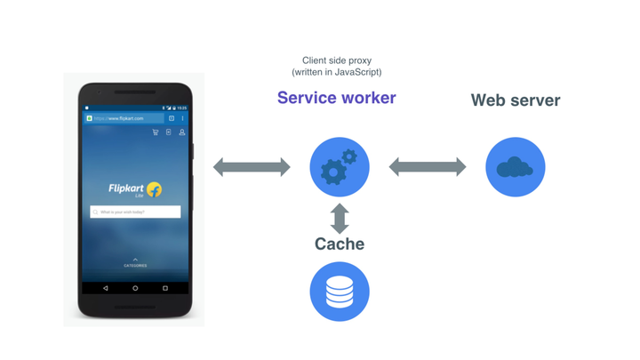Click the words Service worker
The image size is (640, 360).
[336, 98]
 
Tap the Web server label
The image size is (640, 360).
[515, 100]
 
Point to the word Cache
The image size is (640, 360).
[339, 244]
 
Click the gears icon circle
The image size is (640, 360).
[339, 167]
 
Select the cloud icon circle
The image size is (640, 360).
[515, 167]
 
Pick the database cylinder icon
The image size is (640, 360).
[339, 292]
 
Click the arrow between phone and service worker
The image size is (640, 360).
[252, 167]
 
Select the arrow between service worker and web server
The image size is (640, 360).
[427, 167]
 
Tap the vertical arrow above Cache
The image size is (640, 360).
[339, 218]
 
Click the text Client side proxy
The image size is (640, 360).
[336, 60]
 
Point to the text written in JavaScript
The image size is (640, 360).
[336, 72]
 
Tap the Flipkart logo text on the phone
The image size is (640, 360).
[126, 188]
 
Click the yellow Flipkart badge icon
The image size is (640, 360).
[154, 189]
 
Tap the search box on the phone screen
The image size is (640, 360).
[135, 212]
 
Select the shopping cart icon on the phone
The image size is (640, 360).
[156, 132]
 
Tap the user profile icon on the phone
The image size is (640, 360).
[182, 132]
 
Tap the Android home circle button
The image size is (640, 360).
[135, 288]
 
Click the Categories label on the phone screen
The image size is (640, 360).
[135, 265]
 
